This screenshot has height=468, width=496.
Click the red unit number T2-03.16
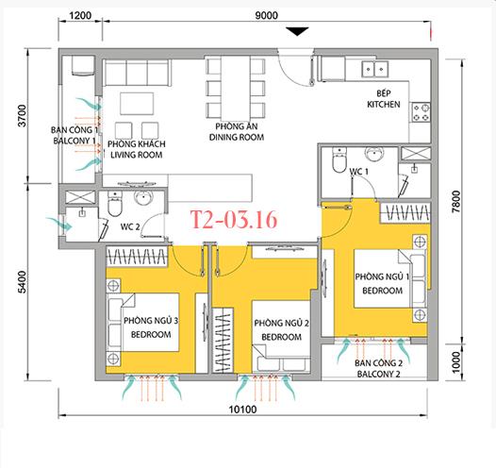(x=234, y=219)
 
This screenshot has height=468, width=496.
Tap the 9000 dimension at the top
(x=266, y=15)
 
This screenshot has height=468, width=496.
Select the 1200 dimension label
(x=80, y=15)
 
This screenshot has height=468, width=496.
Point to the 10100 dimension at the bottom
(x=242, y=409)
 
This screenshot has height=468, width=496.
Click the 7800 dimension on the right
(x=456, y=202)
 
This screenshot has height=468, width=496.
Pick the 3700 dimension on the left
(x=22, y=115)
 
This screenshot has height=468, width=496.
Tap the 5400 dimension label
(x=22, y=282)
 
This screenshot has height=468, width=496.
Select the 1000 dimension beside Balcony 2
(x=455, y=362)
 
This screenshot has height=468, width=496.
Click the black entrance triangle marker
(x=297, y=31)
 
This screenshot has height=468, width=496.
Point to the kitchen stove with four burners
(x=421, y=112)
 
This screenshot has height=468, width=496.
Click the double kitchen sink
(x=375, y=69)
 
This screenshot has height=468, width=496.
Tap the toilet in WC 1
(x=339, y=160)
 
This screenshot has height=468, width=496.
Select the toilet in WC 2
(x=114, y=204)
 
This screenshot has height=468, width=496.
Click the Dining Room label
(x=237, y=132)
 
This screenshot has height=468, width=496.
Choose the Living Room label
(x=137, y=149)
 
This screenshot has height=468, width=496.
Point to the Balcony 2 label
(x=379, y=369)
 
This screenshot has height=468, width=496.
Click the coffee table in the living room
(x=137, y=104)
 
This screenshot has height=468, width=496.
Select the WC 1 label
(x=358, y=172)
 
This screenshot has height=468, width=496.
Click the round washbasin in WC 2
(x=144, y=198)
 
